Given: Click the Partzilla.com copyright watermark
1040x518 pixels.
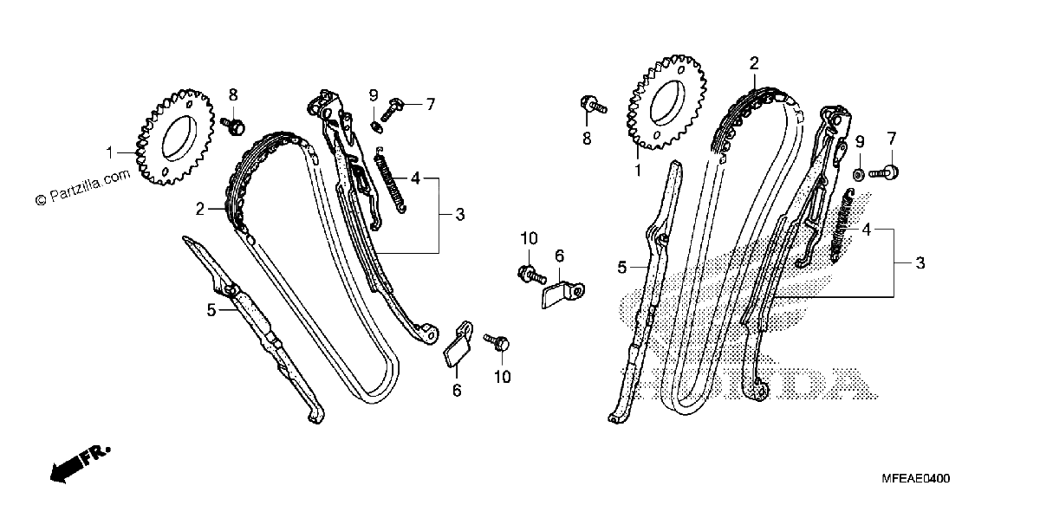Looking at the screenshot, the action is point(82,187).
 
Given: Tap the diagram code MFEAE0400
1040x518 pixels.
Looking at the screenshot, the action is point(915,478).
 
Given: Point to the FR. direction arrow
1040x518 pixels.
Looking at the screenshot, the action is point(80,464).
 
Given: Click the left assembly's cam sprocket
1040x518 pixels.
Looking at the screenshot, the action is point(175,138).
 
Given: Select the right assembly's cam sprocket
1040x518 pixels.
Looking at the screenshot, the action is point(667,102).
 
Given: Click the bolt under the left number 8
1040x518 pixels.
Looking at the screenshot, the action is point(233,126).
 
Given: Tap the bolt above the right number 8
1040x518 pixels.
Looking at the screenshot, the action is point(593,105).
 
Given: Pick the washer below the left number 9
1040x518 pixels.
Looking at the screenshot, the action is point(376,126).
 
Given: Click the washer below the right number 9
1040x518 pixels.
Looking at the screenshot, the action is point(859,176).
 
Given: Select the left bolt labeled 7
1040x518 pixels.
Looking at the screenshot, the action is point(392,109).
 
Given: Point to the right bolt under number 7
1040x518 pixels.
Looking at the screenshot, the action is point(883,173).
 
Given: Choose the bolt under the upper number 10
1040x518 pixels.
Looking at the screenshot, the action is point(531,275).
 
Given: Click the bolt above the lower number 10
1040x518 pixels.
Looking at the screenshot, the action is point(497,342).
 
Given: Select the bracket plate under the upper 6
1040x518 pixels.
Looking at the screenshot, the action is point(562,295).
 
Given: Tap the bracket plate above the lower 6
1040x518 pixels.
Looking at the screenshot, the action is point(458,344).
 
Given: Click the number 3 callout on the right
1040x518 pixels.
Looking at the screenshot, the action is point(920,263).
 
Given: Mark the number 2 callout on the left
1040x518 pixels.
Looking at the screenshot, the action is point(199,210).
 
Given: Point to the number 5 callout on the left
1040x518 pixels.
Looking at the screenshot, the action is point(211,310).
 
